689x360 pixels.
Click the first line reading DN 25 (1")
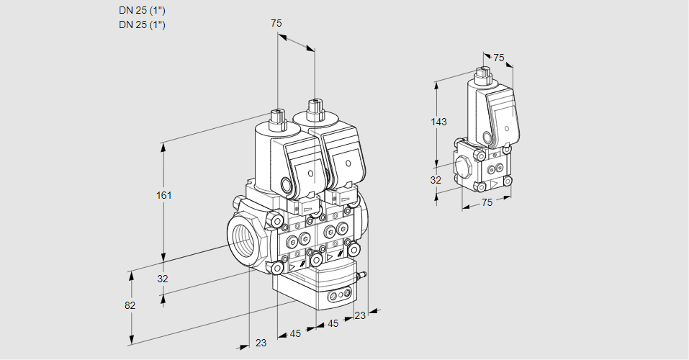coord(142,11)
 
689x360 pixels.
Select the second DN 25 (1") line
coord(142,24)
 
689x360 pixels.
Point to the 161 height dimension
coord(165,195)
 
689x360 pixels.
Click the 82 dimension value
coord(130,305)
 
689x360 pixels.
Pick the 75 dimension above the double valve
coord(276,23)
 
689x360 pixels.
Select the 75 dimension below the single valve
coord(487,202)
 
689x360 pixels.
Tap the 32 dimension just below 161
coord(163,279)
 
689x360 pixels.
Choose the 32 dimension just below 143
coord(436,180)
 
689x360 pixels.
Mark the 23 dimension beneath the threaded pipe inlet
coord(261,343)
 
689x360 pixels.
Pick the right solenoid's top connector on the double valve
coord(314,110)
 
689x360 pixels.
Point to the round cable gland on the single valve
coord(487,137)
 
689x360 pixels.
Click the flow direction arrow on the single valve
coord(495,184)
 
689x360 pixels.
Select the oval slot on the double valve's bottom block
coord(338,295)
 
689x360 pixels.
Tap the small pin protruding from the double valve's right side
coord(364,274)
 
